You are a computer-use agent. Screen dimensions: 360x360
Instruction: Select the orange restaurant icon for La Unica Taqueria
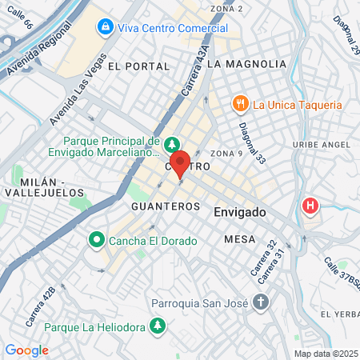pyautogui.click(x=239, y=104)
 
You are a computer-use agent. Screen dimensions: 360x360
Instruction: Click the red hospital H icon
pyautogui.click(x=310, y=206)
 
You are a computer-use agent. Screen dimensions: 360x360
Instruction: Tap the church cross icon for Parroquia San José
pyautogui.click(x=260, y=302)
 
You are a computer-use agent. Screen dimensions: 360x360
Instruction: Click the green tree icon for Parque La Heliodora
pyautogui.click(x=158, y=326)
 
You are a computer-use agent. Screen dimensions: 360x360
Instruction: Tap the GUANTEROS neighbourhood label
pyautogui.click(x=165, y=206)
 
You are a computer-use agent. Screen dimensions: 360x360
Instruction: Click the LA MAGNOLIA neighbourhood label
pyautogui.click(x=246, y=63)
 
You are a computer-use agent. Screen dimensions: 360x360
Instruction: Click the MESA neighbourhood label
pyautogui.click(x=240, y=239)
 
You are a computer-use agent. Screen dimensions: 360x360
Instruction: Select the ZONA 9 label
pyautogui.click(x=226, y=153)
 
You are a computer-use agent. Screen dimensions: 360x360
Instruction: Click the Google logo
pyautogui.click(x=26, y=350)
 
